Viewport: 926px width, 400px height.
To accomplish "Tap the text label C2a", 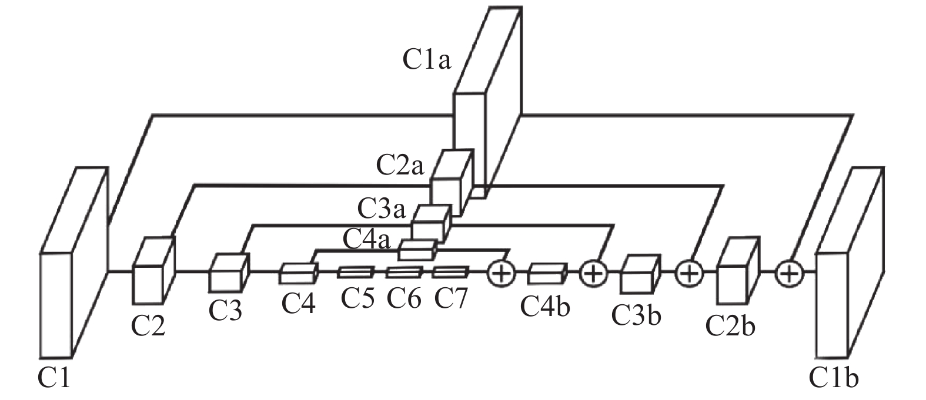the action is click(x=400, y=165).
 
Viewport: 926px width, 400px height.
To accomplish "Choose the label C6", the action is click(x=404, y=298).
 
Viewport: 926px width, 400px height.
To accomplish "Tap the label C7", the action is click(x=450, y=298).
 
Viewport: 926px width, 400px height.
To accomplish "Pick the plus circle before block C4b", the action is click(x=502, y=273).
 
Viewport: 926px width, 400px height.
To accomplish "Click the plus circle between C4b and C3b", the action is click(x=593, y=273).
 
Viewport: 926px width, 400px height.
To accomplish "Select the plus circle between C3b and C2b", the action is click(x=689, y=273).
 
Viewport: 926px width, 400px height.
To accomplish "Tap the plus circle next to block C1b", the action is click(x=789, y=273).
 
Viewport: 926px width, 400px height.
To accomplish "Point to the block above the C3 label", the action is click(x=229, y=273).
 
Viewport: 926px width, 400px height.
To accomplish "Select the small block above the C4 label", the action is click(x=299, y=273).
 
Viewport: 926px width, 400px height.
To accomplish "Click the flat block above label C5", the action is click(x=356, y=272).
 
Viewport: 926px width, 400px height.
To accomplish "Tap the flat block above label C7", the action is click(x=451, y=272).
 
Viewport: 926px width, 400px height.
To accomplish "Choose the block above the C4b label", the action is click(x=547, y=273).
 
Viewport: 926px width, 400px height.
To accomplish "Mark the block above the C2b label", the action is click(x=738, y=270).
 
